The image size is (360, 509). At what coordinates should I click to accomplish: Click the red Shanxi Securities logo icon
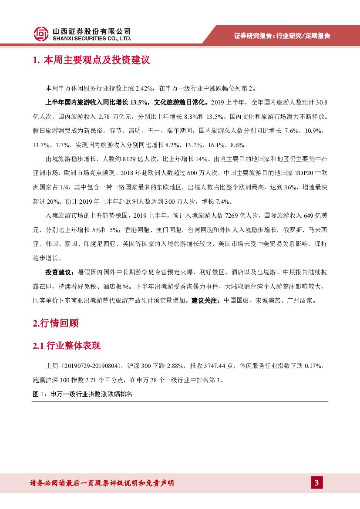pyautogui.click(x=41, y=34)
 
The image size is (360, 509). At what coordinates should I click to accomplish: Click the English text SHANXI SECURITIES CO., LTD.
pyautogui.click(x=91, y=38)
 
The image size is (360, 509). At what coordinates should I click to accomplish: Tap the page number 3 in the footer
pyautogui.click(x=316, y=483)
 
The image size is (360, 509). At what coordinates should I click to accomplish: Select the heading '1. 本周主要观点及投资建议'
pyautogui.click(x=91, y=60)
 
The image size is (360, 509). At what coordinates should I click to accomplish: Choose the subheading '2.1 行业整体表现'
pyautogui.click(x=67, y=346)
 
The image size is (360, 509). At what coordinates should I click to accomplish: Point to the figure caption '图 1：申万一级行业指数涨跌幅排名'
pyautogui.click(x=82, y=394)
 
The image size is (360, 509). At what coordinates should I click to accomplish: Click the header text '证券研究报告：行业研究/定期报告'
pyautogui.click(x=282, y=36)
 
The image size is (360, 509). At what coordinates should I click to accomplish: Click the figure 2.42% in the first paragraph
pyautogui.click(x=144, y=88)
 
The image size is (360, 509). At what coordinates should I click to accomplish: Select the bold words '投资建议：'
pyautogui.click(x=61, y=273)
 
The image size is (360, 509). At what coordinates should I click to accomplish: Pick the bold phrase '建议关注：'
pyautogui.click(x=206, y=300)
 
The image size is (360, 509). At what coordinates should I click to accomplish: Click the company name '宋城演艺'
pyautogui.click(x=264, y=300)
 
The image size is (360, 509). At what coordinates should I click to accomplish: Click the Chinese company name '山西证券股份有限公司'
pyautogui.click(x=91, y=31)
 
